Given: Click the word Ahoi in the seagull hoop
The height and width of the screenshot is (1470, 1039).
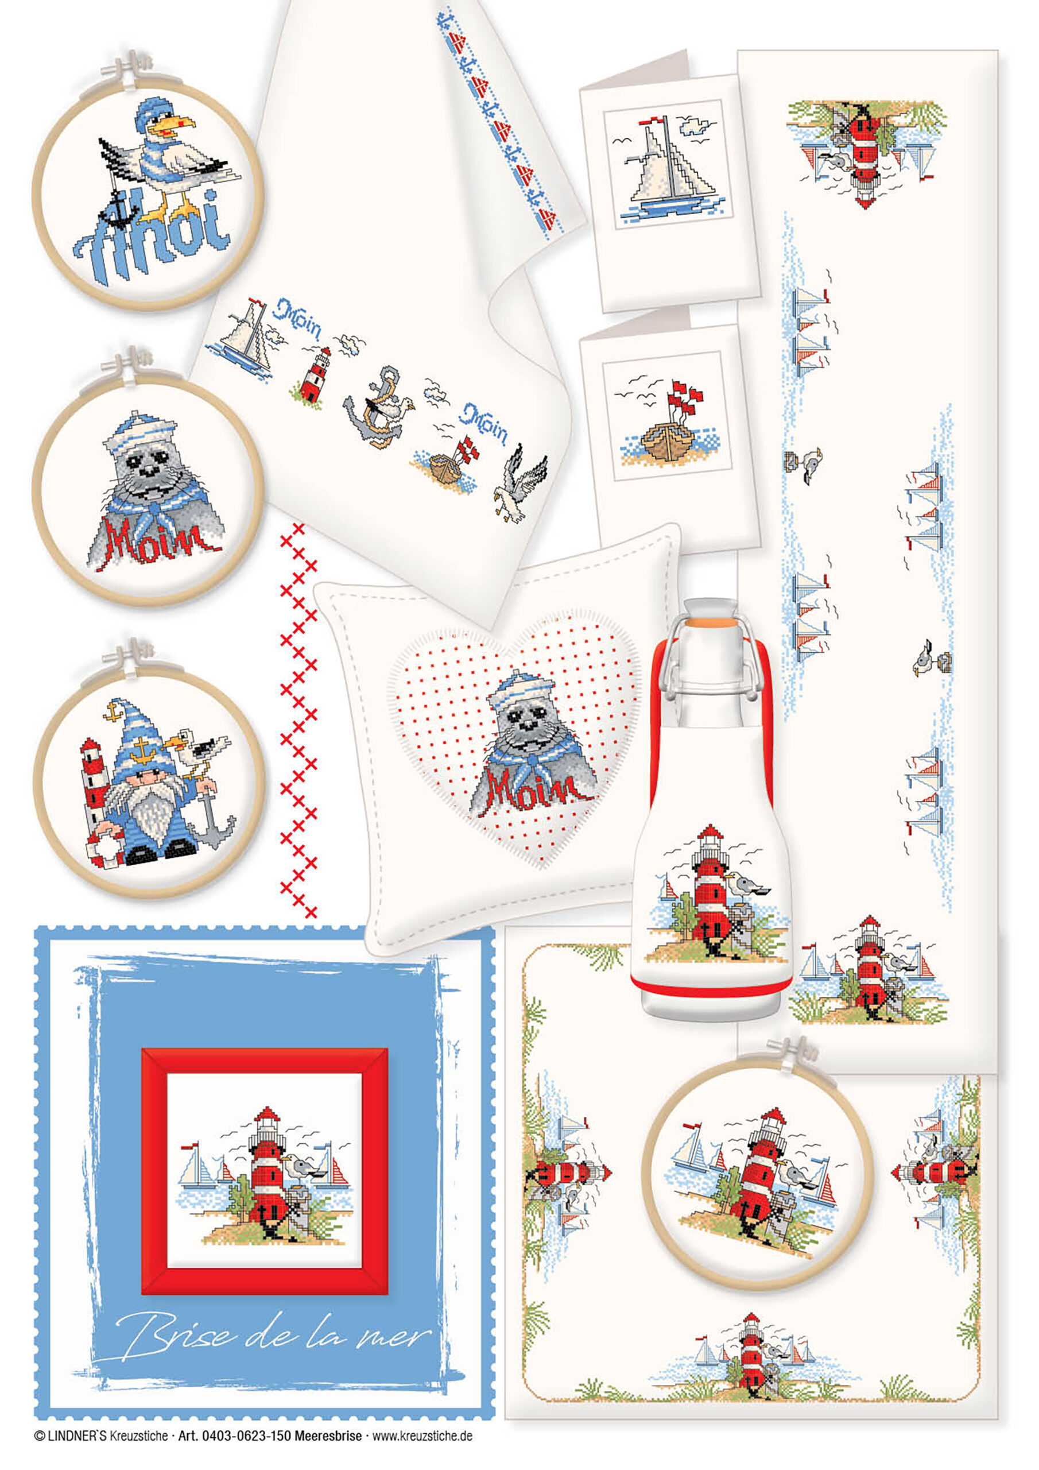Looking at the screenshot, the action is click(151, 234).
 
